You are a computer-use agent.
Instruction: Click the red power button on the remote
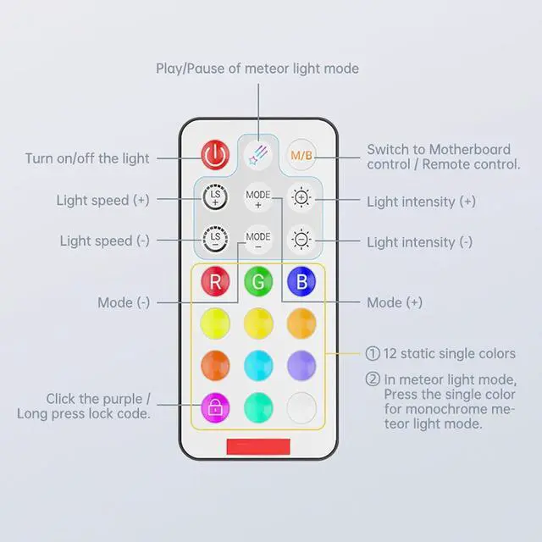tap(215, 154)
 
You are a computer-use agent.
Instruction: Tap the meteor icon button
tap(257, 154)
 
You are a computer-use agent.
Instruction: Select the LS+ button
tap(215, 197)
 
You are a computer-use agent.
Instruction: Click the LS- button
tap(215, 238)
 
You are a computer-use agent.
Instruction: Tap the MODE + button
tap(257, 199)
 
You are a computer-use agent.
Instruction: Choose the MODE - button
tap(257, 238)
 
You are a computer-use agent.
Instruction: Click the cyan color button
tap(257, 366)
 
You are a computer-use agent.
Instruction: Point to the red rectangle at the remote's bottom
tap(257, 446)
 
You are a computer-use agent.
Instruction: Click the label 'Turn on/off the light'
tap(87, 158)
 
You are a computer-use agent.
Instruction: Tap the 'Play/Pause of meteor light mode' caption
tap(257, 68)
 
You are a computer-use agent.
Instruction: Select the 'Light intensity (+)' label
tap(421, 202)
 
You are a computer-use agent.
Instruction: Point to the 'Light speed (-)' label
tap(104, 241)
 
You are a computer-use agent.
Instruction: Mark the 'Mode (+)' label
tap(395, 302)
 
